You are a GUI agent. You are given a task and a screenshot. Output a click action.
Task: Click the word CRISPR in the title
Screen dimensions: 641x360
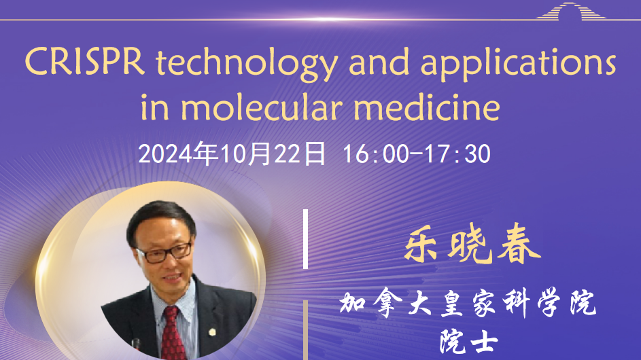85,62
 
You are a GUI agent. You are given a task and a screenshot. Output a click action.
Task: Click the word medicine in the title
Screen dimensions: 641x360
427,107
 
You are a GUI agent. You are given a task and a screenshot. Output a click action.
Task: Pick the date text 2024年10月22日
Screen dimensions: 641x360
232,154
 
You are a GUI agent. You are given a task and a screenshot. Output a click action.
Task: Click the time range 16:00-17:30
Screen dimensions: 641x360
417,154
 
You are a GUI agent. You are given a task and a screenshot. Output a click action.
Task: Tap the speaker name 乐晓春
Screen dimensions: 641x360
472,244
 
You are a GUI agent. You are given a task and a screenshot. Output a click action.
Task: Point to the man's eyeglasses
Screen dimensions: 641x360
164,252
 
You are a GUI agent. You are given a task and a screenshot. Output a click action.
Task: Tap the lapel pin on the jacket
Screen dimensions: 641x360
212,332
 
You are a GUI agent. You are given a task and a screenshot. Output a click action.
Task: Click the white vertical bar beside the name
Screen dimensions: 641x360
305,239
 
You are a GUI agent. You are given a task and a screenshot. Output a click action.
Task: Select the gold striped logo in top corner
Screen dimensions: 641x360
571,11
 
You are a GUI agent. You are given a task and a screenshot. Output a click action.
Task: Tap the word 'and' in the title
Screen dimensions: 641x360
379,62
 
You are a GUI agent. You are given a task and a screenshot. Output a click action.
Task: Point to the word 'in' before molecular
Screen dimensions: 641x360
154,107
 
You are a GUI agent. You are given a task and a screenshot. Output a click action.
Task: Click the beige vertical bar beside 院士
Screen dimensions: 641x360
305,330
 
